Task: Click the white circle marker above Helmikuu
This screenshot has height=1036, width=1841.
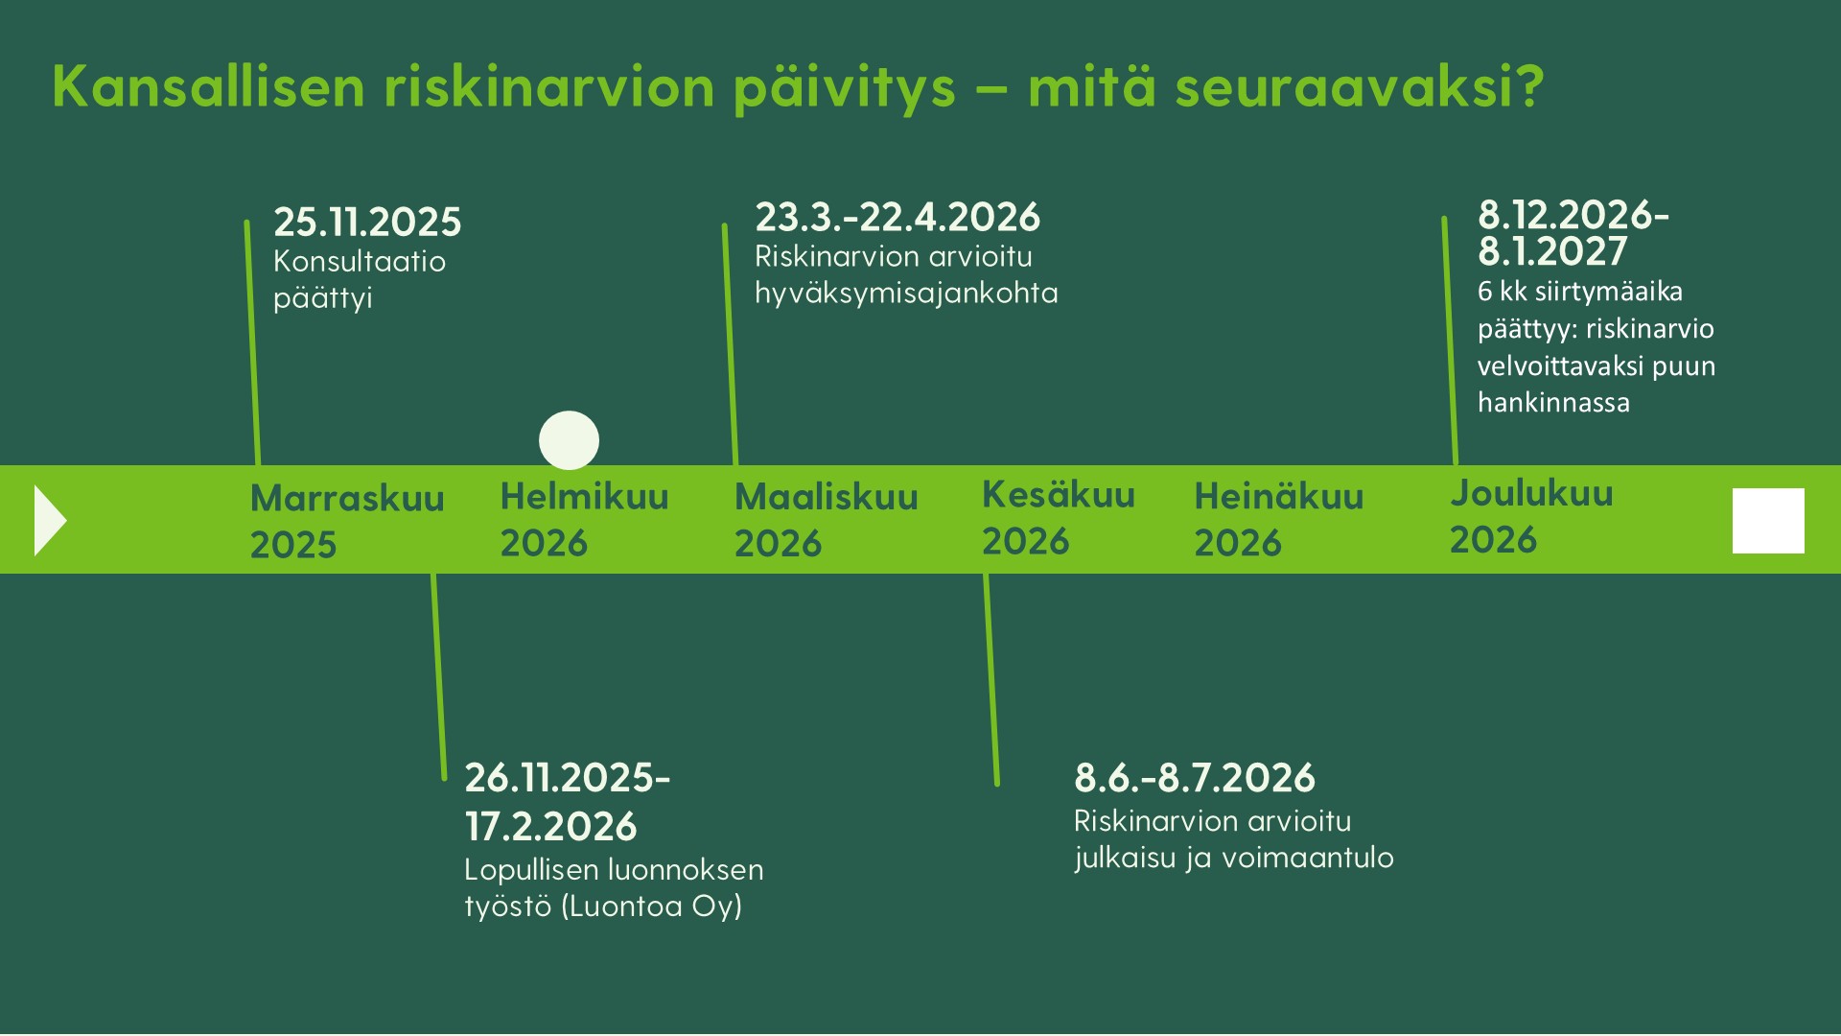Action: (569, 440)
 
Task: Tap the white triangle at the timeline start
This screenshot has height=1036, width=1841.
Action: (50, 520)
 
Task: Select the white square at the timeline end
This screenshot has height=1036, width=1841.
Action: (1768, 521)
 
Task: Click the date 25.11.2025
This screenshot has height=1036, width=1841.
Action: (367, 222)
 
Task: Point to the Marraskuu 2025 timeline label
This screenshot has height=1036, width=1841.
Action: (347, 521)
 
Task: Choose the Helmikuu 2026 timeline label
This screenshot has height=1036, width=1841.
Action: (584, 519)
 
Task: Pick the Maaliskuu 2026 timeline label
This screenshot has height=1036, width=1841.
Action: (826, 520)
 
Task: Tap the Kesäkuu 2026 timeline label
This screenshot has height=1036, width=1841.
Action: (1058, 517)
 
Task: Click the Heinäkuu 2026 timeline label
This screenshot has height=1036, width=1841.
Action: (1278, 519)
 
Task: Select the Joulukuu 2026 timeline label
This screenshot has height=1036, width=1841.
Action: (1531, 515)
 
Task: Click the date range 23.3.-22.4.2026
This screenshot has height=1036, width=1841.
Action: (897, 217)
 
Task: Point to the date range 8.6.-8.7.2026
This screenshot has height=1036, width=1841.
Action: (1195, 778)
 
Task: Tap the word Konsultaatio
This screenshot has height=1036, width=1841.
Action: (360, 261)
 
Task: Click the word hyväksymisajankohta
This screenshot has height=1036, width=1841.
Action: (906, 294)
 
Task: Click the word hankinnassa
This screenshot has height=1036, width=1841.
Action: (1553, 402)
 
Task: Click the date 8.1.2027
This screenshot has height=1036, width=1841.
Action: (1552, 251)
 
